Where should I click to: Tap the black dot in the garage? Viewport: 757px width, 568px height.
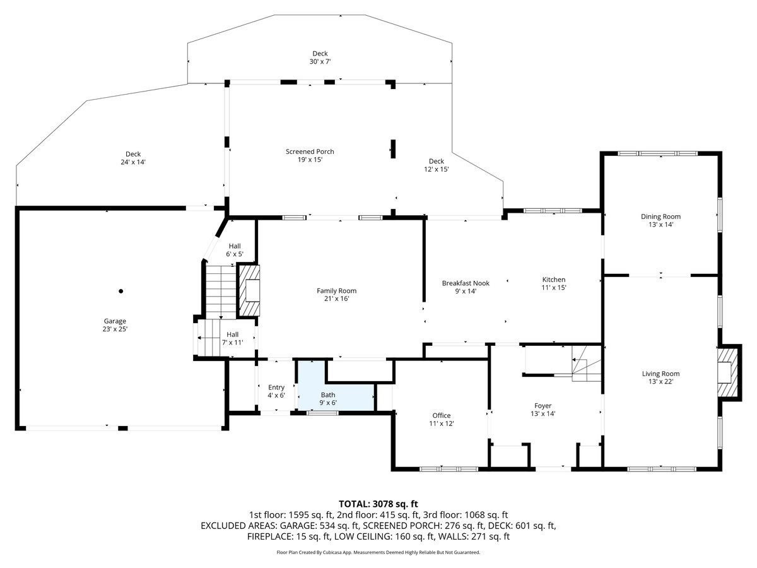click(x=120, y=291)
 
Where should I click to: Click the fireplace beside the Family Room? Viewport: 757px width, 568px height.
click(x=249, y=290)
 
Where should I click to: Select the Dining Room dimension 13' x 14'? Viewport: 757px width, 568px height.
click(x=660, y=225)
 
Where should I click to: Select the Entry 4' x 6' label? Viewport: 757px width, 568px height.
click(x=276, y=391)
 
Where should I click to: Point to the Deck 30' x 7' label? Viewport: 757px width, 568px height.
click(x=320, y=57)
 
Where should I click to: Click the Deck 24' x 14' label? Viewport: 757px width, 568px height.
click(x=132, y=158)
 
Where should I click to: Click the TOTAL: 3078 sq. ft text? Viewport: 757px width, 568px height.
click(x=378, y=504)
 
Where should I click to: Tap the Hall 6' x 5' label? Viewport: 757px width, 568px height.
click(x=234, y=250)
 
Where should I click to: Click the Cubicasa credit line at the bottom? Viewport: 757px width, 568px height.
click(x=378, y=552)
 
